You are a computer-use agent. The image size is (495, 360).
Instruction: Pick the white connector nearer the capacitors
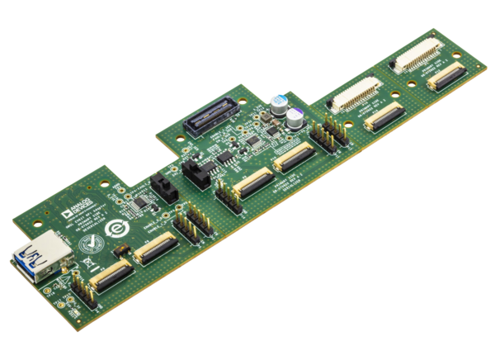coord(351,96)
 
